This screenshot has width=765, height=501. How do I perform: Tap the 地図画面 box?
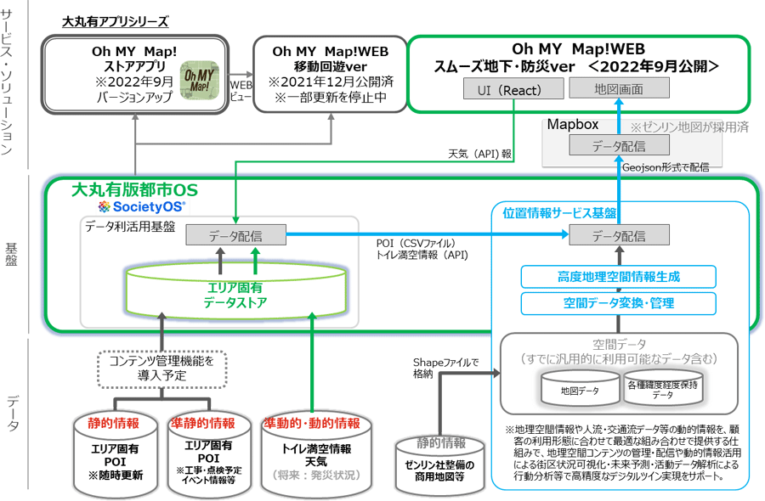click(618, 88)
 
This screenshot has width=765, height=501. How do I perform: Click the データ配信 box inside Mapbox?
click(618, 146)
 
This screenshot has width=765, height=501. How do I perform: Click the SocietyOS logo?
click(141, 206)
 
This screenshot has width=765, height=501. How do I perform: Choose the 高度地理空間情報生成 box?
click(618, 276)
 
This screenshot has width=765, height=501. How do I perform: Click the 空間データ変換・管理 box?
click(618, 302)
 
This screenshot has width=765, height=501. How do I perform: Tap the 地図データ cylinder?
click(579, 390)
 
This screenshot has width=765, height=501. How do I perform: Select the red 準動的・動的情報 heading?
click(311, 423)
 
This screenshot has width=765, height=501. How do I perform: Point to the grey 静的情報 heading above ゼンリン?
click(441, 442)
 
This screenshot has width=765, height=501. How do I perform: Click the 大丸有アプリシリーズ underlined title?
click(115, 21)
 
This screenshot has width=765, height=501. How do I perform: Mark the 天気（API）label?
click(473, 155)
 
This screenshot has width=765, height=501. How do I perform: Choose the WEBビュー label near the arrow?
click(241, 90)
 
